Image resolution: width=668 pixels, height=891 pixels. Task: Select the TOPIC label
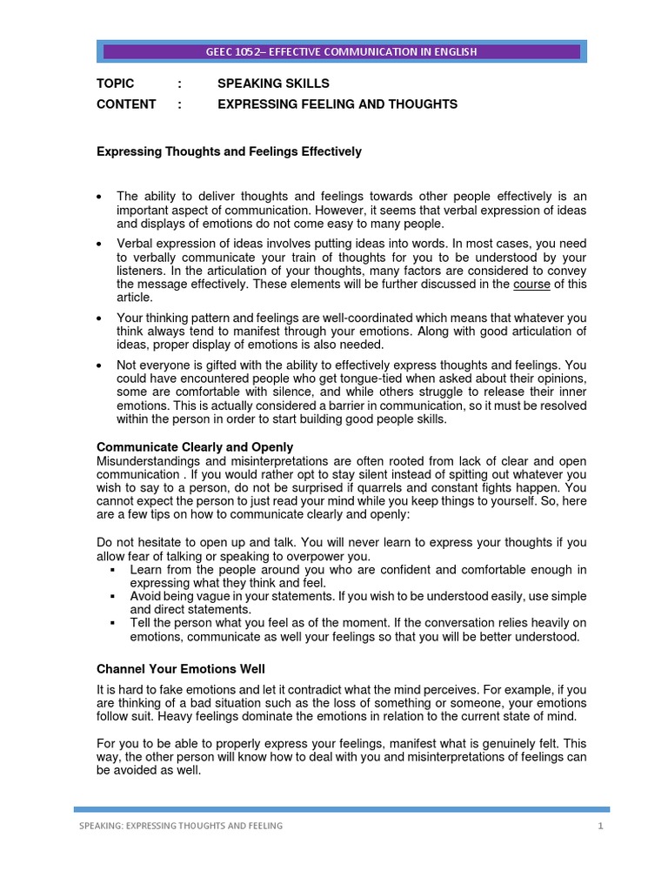pyautogui.click(x=115, y=84)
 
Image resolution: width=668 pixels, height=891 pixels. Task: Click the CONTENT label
pyautogui.click(x=126, y=104)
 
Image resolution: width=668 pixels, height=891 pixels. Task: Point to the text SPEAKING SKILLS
pyautogui.click(x=273, y=84)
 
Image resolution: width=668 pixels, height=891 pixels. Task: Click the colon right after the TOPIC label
pyautogui.click(x=179, y=84)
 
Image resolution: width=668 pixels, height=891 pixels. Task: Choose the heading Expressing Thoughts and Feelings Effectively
pyautogui.click(x=228, y=151)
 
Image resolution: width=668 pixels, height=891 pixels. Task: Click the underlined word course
pyautogui.click(x=531, y=284)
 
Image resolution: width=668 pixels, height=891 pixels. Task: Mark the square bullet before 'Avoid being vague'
pyautogui.click(x=114, y=597)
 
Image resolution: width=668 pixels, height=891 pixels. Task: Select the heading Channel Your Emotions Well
pyautogui.click(x=180, y=668)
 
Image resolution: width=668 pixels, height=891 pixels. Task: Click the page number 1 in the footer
pyautogui.click(x=600, y=826)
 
